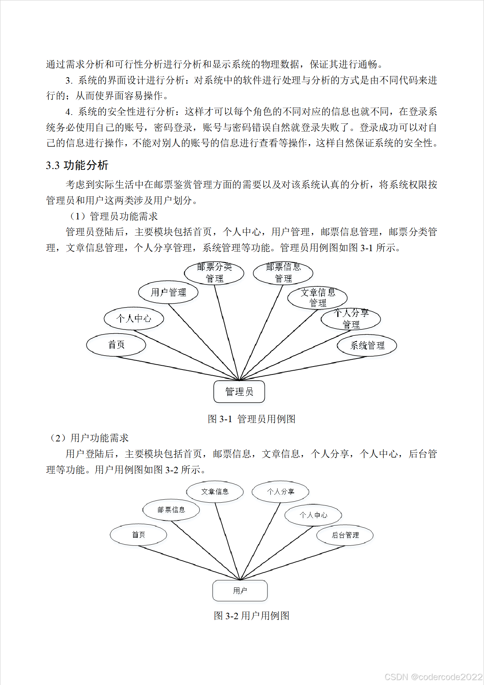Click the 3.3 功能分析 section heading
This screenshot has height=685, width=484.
[77, 165]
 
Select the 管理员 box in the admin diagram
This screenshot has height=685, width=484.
[239, 391]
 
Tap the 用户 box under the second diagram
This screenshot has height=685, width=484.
[240, 590]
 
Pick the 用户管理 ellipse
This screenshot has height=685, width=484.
[168, 292]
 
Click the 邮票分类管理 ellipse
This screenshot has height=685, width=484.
[214, 273]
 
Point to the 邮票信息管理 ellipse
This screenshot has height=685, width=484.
[283, 273]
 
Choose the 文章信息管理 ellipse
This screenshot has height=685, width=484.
[318, 298]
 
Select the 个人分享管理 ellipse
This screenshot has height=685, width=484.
[351, 319]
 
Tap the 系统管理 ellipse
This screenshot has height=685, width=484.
[367, 345]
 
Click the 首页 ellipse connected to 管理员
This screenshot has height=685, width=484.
[116, 345]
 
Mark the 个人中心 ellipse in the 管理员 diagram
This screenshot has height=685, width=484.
[134, 318]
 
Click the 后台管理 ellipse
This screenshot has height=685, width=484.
[345, 535]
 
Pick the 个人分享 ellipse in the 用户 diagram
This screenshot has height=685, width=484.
[281, 492]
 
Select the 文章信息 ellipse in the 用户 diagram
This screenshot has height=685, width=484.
[215, 492]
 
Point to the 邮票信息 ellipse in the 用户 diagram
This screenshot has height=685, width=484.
[171, 510]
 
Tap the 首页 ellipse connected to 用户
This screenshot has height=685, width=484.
[138, 535]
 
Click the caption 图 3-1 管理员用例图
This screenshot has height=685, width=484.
[251, 419]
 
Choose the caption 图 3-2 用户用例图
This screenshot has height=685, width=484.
[251, 616]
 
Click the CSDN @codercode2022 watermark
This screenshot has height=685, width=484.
[433, 677]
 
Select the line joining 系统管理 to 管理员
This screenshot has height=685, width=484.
[302, 368]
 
